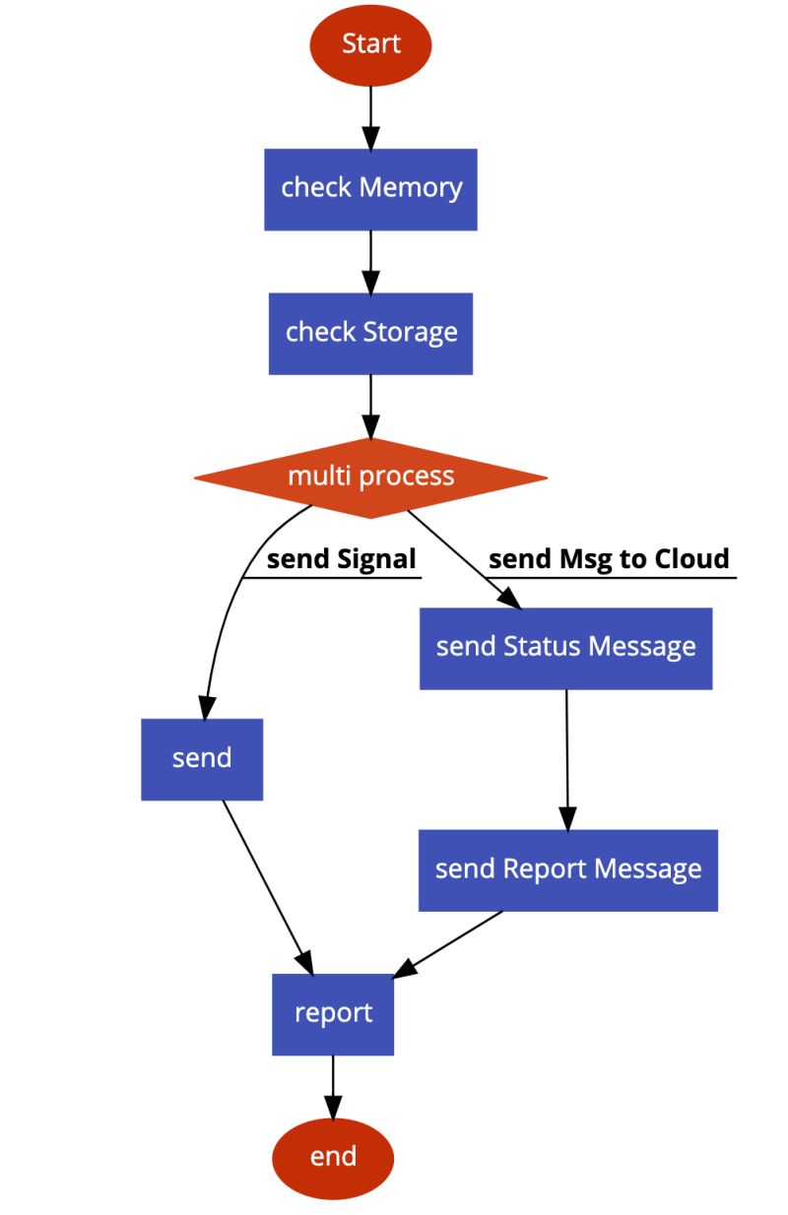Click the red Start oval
(370, 44)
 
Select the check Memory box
(370, 189)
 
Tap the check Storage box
(370, 333)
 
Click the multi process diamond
(370, 478)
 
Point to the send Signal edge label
(342, 559)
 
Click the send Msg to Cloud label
(609, 559)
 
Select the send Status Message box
(565, 648)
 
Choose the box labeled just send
(202, 759)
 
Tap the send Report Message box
(568, 869)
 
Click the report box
(333, 1013)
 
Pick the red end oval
(333, 1157)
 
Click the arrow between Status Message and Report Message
(566, 758)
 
